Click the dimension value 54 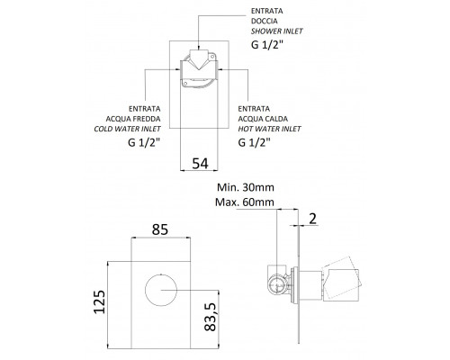(x=200, y=164)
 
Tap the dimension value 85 (x=160, y=229)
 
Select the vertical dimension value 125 (x=100, y=301)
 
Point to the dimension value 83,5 (x=210, y=317)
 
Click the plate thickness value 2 (x=312, y=219)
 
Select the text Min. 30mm (x=246, y=187)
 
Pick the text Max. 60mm (x=245, y=202)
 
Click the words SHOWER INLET (x=276, y=31)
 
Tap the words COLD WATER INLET (x=127, y=129)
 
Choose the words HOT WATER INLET (x=269, y=129)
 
